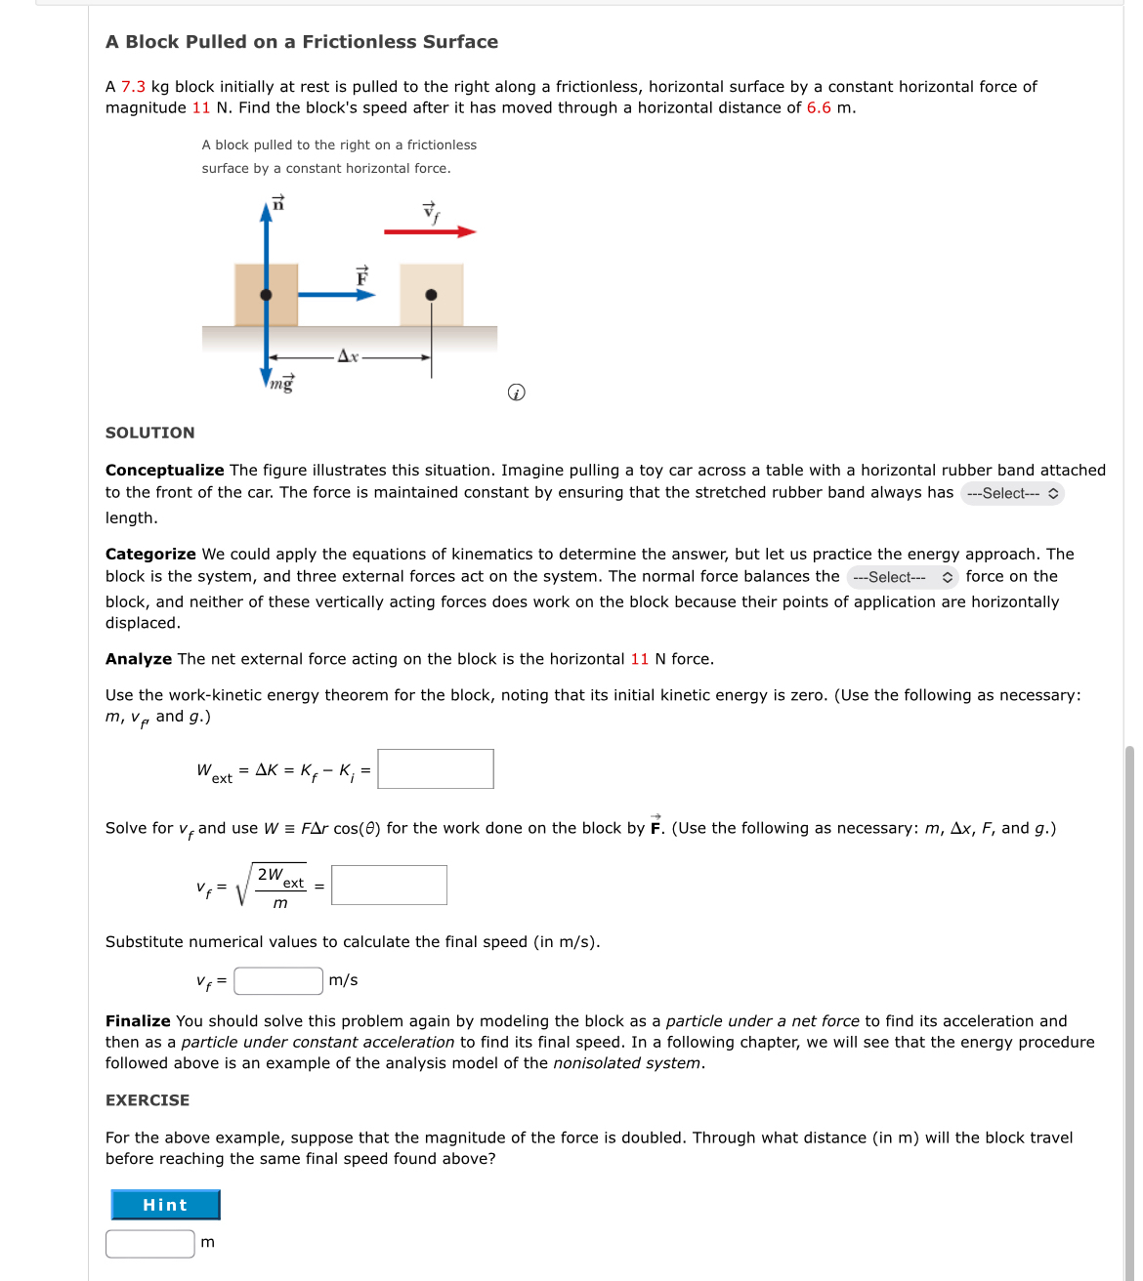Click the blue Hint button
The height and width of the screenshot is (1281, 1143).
pos(165,1205)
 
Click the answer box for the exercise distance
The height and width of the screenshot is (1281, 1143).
pos(150,1243)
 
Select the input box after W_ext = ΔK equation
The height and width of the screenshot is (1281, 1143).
pos(436,769)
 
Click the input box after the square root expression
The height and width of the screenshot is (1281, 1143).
pos(389,886)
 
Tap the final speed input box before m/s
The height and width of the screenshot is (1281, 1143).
pos(278,980)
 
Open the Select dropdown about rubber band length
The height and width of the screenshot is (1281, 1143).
pos(1011,494)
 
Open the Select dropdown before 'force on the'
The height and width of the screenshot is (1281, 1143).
pos(902,577)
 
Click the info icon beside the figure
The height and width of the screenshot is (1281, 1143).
pos(517,393)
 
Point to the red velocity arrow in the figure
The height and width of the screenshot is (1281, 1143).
pos(429,231)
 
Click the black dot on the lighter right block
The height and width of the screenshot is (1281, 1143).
pos(431,295)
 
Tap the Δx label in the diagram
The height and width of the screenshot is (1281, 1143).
pos(348,356)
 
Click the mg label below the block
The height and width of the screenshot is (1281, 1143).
pos(282,384)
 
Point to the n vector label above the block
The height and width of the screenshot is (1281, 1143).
pos(278,203)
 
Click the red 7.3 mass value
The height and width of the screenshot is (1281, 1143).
pos(133,87)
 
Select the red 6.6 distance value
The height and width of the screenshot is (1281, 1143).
pos(819,108)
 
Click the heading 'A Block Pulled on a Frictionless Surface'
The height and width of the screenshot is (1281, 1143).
pos(302,42)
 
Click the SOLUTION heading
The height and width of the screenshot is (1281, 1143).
pos(150,433)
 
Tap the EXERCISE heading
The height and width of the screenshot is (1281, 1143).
pos(148,1100)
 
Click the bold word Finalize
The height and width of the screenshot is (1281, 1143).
pos(138,1021)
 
